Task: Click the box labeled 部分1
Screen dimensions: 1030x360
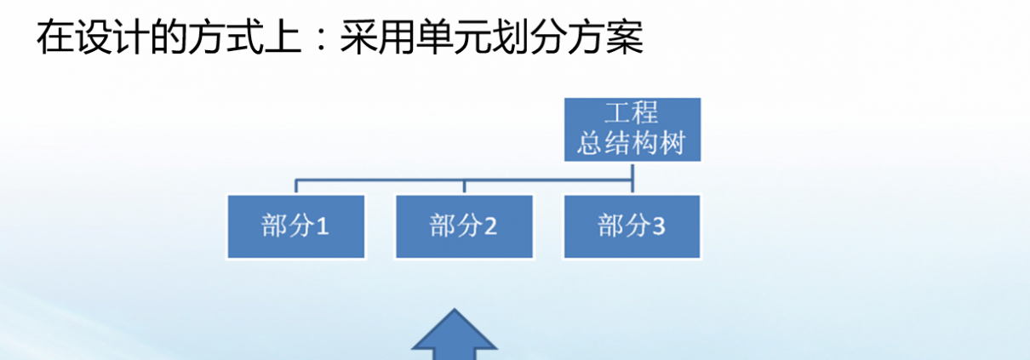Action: [x=296, y=226]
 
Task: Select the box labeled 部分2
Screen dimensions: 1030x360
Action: [x=465, y=226]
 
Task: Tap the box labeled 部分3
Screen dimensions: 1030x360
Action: [x=632, y=226]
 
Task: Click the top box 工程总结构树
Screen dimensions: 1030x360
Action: [x=632, y=129]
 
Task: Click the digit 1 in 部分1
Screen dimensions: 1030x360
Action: [x=323, y=226]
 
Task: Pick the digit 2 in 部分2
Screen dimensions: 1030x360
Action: [x=490, y=226]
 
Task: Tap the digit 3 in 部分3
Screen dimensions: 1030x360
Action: [x=659, y=226]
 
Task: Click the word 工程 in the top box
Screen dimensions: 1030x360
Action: [x=632, y=113]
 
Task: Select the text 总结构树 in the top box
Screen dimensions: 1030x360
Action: [x=632, y=142]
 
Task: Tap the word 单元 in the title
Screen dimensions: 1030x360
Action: [x=454, y=37]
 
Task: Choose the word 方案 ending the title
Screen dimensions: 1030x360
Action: [x=605, y=37]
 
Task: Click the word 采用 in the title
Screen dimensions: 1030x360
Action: [x=378, y=37]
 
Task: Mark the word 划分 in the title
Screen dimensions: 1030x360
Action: [x=529, y=37]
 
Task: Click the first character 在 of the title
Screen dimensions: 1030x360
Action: [x=55, y=37]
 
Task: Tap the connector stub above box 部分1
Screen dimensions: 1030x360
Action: [x=296, y=186]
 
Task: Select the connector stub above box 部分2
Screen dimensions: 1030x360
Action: [x=465, y=186]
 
